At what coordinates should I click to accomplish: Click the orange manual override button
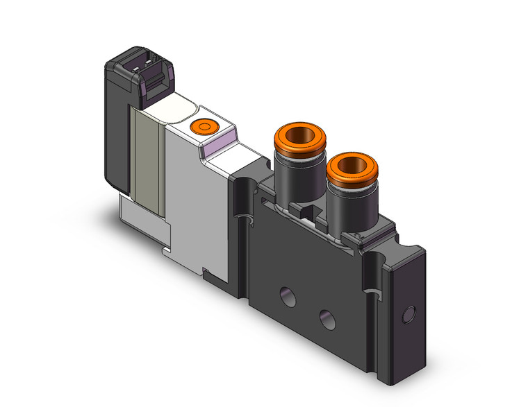point(204,127)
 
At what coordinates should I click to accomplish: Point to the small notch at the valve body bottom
point(206,270)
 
